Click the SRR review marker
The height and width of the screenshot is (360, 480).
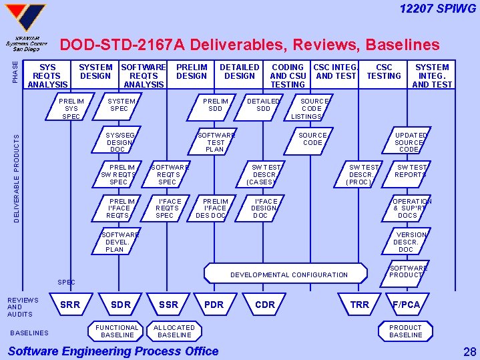coord(70,305)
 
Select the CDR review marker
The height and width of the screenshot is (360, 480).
coord(265,305)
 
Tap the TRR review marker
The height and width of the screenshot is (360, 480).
coord(360,305)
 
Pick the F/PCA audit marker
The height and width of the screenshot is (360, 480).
coord(406,305)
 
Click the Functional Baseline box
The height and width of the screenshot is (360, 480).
coord(117,331)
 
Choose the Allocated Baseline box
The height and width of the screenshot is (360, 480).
coord(175,331)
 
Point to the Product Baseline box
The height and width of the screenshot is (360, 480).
coord(405,331)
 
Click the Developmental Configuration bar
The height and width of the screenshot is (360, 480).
coord(288,275)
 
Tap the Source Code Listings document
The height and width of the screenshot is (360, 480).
coord(312,108)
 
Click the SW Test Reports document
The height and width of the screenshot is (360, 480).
coord(410,171)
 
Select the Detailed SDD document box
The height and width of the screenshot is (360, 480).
coord(264,105)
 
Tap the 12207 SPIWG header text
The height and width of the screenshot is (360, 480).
coord(438,9)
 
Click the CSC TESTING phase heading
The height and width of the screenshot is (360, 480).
coord(385,71)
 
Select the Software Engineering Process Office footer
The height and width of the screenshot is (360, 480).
coord(113,351)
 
